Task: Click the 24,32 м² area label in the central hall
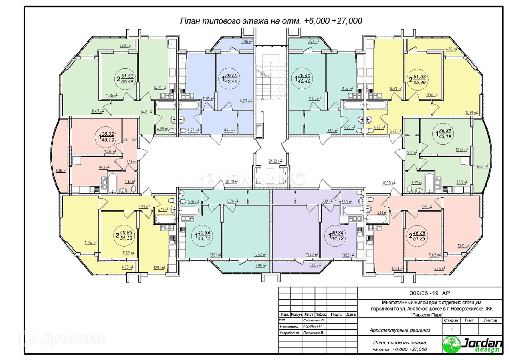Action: (x=275, y=161)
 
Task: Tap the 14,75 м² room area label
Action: (x=160, y=88)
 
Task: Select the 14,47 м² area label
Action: (x=97, y=111)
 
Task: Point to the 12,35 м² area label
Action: (x=110, y=152)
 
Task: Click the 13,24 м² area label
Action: (x=90, y=243)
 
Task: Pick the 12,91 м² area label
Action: (x=159, y=268)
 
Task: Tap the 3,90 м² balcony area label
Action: (x=261, y=265)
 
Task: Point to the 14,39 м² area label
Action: (x=471, y=113)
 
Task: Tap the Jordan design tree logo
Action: (x=451, y=344)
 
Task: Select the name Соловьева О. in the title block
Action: (x=314, y=321)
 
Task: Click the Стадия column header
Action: (x=451, y=321)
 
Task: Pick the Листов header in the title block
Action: (x=490, y=321)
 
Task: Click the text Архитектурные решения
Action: (x=400, y=330)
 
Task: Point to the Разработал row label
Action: (x=289, y=333)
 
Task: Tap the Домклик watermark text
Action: (x=73, y=339)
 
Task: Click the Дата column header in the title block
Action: (x=351, y=314)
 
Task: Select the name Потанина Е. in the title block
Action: (x=313, y=333)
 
